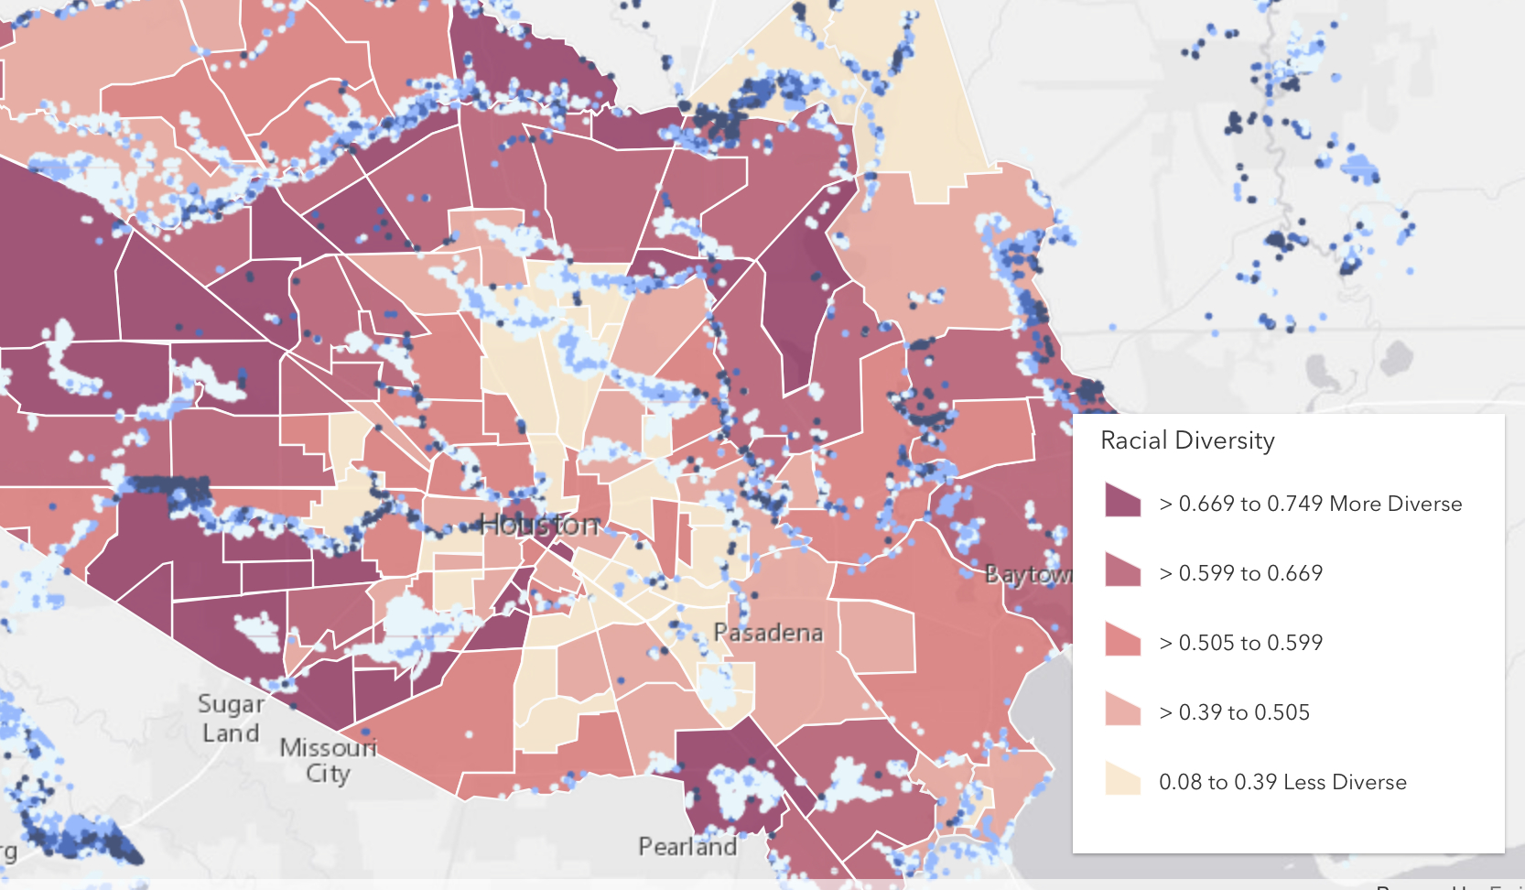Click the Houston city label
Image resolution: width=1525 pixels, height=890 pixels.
tap(540, 525)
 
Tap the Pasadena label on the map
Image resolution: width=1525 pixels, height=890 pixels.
tap(768, 633)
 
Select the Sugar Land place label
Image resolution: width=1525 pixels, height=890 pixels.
tap(232, 718)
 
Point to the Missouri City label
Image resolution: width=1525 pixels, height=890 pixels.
tap(328, 760)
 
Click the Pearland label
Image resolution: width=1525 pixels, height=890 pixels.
tap(687, 846)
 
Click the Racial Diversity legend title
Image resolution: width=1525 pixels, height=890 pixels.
tap(1187, 441)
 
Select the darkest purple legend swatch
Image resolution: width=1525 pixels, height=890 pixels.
tap(1122, 501)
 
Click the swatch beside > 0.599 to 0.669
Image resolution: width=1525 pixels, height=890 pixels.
tap(1122, 570)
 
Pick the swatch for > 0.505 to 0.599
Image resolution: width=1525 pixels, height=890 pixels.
tap(1122, 640)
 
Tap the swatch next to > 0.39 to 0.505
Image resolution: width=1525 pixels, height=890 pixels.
tap(1122, 710)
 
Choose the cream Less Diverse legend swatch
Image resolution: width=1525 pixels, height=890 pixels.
tap(1122, 779)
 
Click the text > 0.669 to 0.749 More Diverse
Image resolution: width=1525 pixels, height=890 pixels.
tap(1310, 504)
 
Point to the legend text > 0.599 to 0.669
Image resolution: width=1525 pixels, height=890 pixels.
tap(1240, 573)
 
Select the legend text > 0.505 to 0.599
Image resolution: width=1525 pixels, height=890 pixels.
tap(1240, 643)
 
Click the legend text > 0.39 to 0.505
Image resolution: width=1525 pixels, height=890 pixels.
tap(1234, 712)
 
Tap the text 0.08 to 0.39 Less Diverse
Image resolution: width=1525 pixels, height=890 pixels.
tap(1282, 782)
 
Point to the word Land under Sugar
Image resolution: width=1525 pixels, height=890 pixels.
tap(231, 733)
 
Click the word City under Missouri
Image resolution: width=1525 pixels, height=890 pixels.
tap(328, 774)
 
